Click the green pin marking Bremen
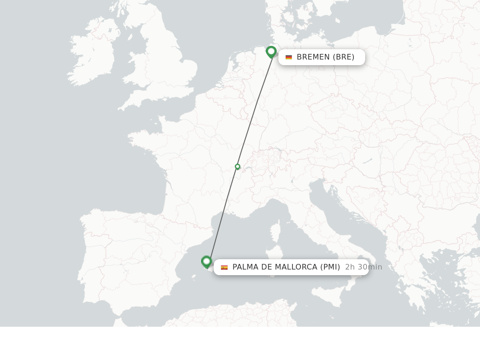point(271,52)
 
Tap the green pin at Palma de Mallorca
point(206,262)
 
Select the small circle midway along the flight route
point(238,166)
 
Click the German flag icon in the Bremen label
point(289,57)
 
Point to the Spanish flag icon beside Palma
point(224,267)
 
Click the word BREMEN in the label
point(313,57)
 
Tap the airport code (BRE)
point(344,57)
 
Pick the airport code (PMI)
point(330,267)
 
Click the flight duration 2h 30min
point(363,267)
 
